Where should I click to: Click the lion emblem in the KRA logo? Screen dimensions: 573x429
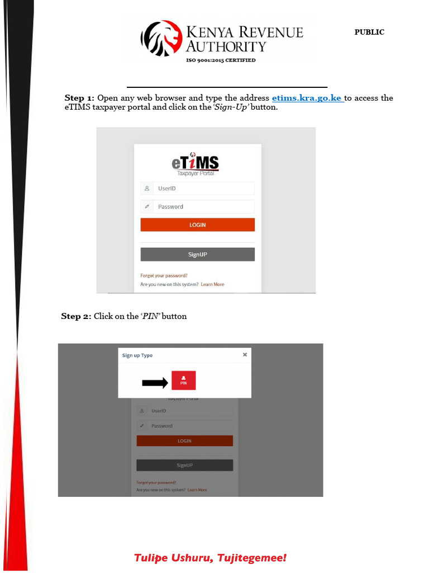(161, 38)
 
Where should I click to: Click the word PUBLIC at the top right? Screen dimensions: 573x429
(369, 32)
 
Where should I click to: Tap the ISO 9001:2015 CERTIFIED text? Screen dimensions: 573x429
(221, 60)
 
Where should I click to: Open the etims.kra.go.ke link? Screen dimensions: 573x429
(307, 98)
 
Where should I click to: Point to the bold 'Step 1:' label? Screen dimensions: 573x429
(79, 98)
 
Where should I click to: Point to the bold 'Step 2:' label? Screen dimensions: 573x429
(75, 316)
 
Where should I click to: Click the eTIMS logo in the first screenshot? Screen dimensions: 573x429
(195, 163)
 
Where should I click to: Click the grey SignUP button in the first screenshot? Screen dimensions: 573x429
(197, 255)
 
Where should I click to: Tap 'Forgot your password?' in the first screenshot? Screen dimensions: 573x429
(164, 275)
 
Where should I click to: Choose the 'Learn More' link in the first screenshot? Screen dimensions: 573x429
(212, 284)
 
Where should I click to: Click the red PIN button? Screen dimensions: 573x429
(183, 381)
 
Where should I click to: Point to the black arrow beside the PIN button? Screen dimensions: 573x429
(155, 383)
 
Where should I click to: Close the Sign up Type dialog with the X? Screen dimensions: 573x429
(245, 354)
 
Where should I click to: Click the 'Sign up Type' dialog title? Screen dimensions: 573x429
(137, 355)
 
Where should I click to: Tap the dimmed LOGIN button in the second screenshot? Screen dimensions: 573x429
(184, 441)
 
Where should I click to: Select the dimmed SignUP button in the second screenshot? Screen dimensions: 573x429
(184, 465)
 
